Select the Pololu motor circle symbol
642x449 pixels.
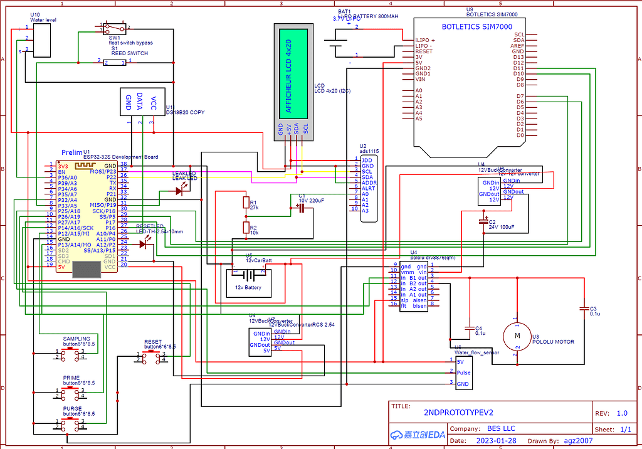[x=517, y=336]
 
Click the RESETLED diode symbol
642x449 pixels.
[x=148, y=244]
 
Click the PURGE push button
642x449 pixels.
[x=70, y=425]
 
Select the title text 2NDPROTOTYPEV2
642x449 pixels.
[x=459, y=413]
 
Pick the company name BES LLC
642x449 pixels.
[x=500, y=428]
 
